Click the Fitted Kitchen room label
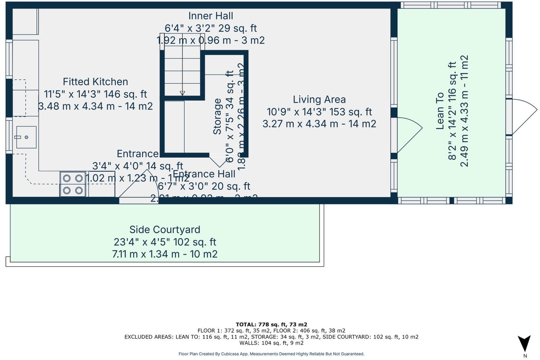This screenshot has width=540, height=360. (x=95, y=82)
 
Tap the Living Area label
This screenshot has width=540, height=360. (x=319, y=100)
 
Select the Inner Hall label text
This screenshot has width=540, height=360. (x=210, y=16)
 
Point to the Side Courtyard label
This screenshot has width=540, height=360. (x=165, y=229)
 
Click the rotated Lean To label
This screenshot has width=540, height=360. (x=440, y=111)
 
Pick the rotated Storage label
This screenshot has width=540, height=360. (x=217, y=116)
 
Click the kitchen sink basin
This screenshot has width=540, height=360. (x=26, y=137)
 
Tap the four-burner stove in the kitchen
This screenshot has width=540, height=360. (x=73, y=184)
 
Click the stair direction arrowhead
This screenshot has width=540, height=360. (x=182, y=93)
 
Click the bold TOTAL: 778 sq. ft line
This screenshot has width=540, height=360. (x=271, y=324)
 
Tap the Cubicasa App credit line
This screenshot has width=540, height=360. (x=271, y=354)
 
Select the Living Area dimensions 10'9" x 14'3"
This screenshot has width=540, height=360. (x=319, y=112)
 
